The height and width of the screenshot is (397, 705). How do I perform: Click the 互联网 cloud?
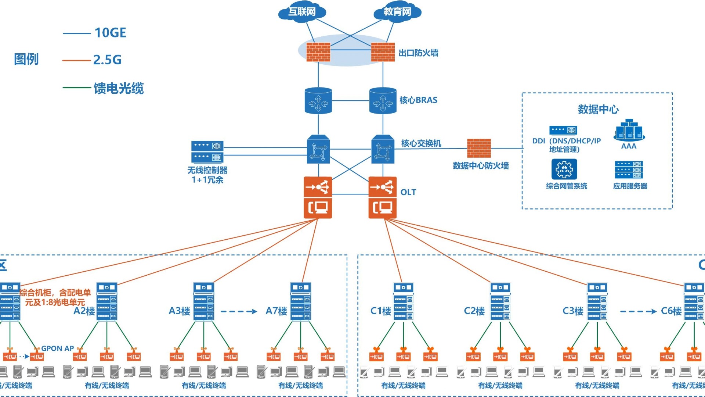coord(302,12)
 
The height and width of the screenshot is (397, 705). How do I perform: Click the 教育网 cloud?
coord(397,12)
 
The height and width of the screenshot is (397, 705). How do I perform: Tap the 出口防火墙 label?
coord(418,53)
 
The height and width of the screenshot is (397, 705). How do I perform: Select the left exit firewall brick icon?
coord(318,52)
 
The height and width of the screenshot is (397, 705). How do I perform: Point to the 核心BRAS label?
coord(418,100)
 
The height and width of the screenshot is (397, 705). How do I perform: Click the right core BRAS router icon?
coord(383,101)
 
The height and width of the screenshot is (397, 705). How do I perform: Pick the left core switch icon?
coord(318,149)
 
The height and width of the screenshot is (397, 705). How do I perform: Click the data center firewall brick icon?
coord(479,148)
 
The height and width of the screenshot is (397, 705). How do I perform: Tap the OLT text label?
coord(408,192)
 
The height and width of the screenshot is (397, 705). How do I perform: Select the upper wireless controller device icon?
coord(207,146)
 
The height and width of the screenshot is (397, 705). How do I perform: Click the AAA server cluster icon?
coord(629,130)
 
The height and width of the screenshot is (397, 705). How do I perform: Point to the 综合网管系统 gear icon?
coord(564,169)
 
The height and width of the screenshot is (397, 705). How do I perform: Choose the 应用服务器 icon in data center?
coord(629,169)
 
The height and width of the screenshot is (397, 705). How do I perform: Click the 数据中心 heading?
coord(598,109)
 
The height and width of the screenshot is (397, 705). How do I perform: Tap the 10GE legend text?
coord(110,33)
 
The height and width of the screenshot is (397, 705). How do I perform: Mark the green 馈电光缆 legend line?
coord(77,87)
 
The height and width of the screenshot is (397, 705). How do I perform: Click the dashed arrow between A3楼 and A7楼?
coord(239,311)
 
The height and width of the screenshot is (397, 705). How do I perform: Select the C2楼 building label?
coord(474,311)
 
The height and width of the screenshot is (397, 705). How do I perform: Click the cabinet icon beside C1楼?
coord(403,301)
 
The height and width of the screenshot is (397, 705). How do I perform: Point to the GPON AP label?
coord(57,348)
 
